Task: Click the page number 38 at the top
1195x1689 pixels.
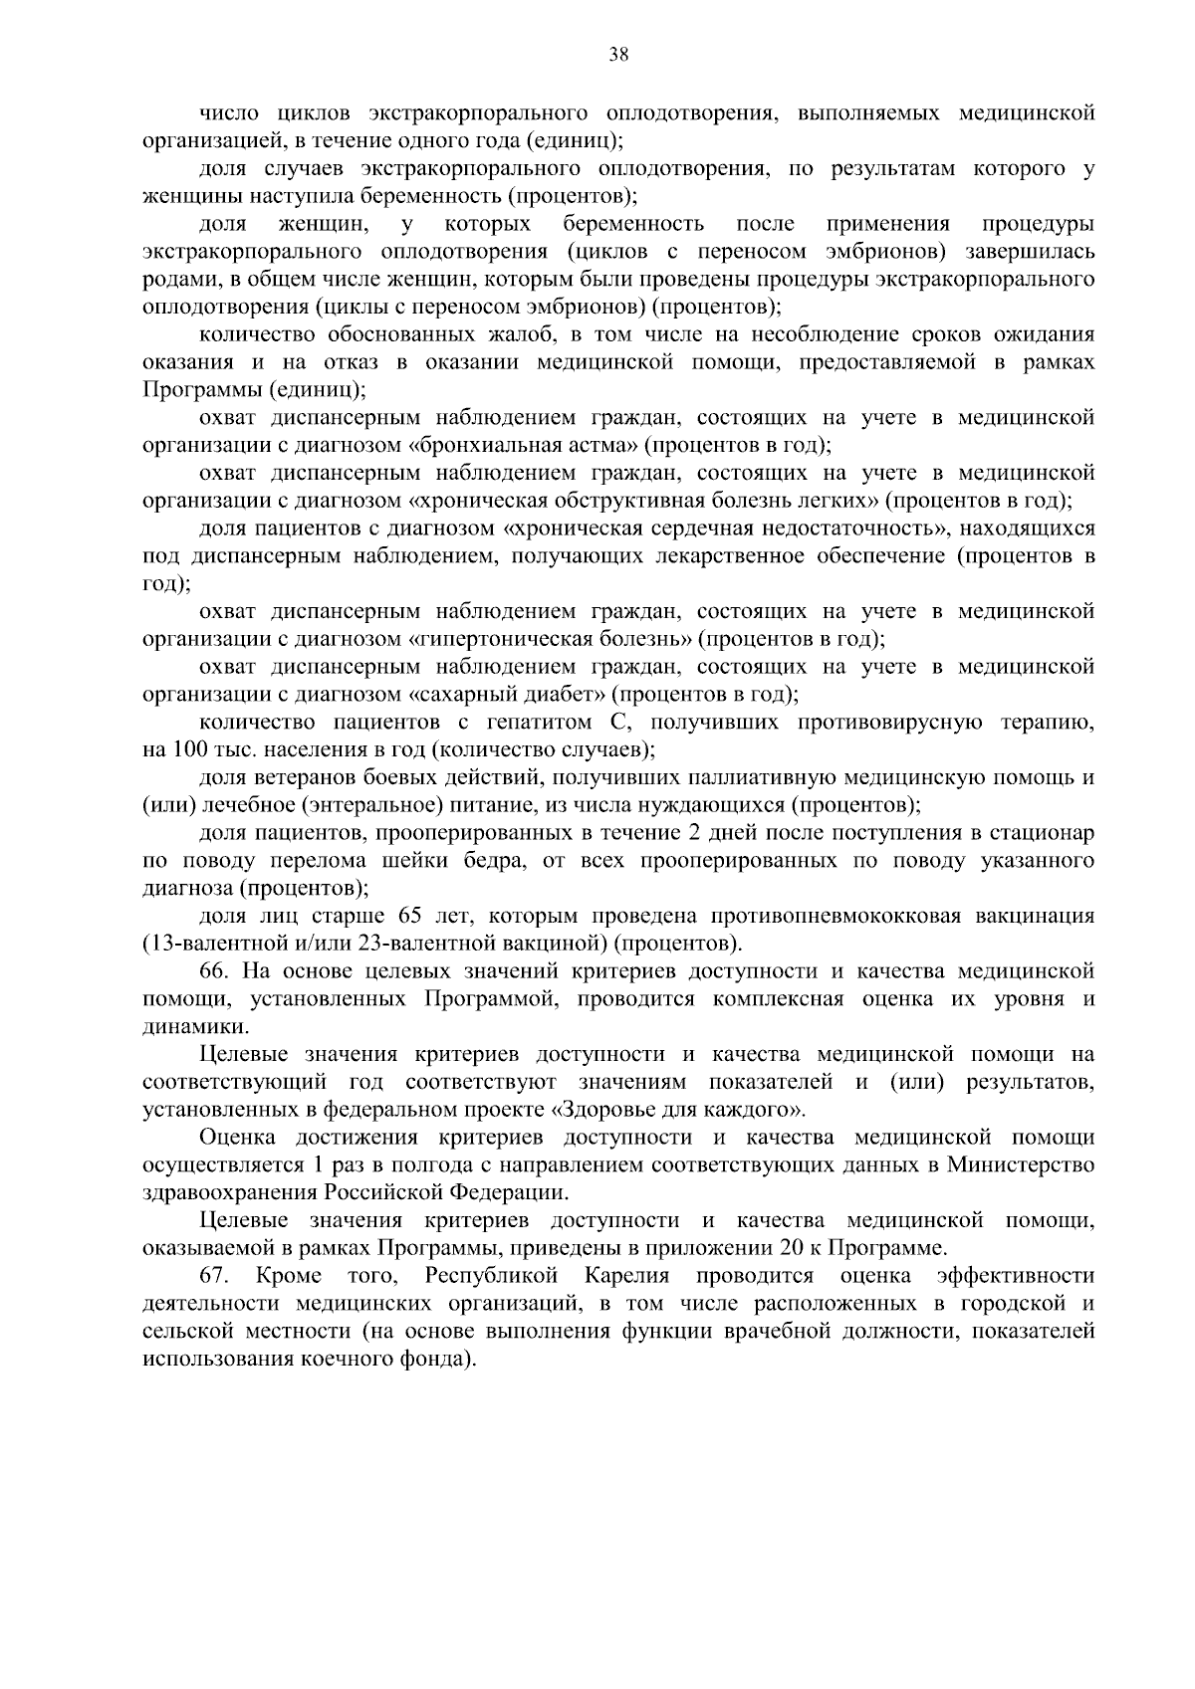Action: tap(618, 55)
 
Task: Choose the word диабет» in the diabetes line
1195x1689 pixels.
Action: tap(566, 694)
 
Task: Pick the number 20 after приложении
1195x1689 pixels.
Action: tap(787, 1247)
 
